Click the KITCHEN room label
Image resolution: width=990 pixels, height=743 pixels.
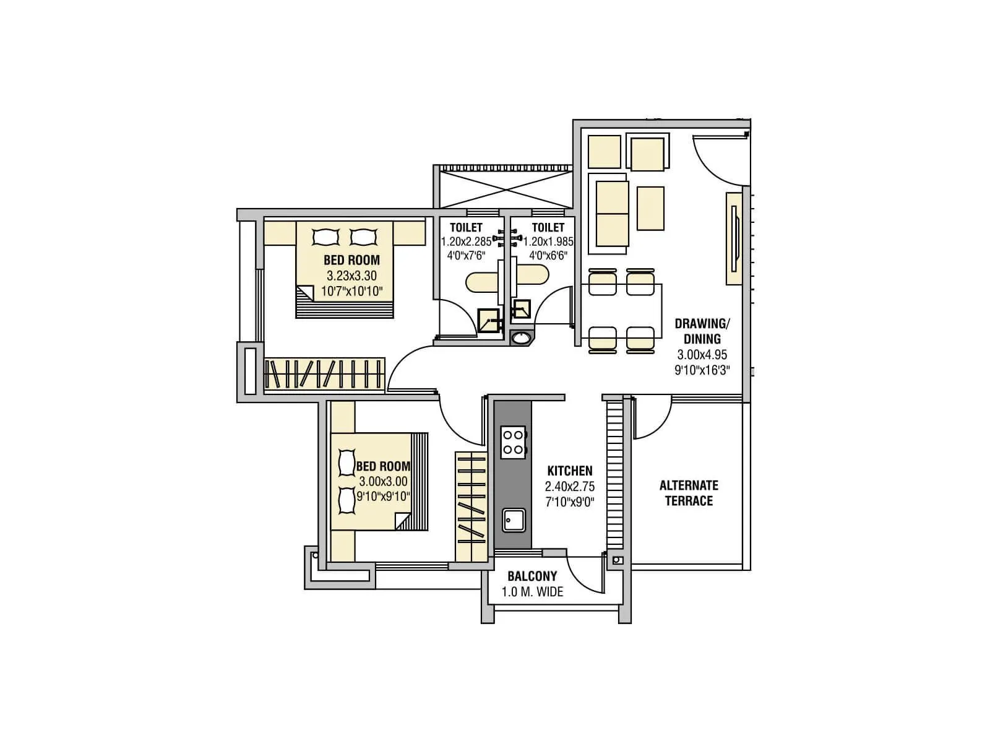(x=569, y=471)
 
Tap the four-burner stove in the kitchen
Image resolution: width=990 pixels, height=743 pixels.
(x=513, y=442)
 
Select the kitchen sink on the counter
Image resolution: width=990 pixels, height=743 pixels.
(x=514, y=520)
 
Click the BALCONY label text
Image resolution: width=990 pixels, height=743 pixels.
(x=532, y=576)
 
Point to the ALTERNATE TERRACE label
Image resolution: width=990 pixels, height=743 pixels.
(x=689, y=493)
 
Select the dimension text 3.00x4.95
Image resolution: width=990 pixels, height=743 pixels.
(x=702, y=355)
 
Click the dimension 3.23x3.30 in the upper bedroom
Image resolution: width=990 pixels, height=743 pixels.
(x=351, y=276)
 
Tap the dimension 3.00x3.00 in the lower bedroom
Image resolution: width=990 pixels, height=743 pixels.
(x=383, y=482)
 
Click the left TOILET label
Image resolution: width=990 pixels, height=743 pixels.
(x=466, y=228)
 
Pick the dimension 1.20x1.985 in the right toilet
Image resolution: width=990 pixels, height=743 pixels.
(x=549, y=242)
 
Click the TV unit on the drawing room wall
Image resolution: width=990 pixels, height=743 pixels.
(x=734, y=238)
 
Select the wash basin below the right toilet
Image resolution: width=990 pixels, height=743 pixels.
(x=522, y=338)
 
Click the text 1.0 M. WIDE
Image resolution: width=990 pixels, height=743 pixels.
(x=532, y=593)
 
